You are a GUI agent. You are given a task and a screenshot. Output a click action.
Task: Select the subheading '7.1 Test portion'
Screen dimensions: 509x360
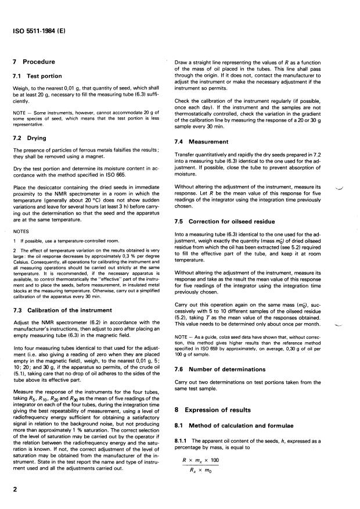pos(39,77)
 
